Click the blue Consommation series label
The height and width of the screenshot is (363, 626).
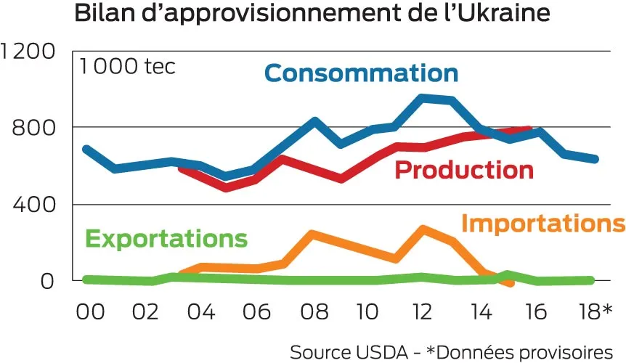[x=361, y=73]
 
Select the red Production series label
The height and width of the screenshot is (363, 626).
[x=464, y=171]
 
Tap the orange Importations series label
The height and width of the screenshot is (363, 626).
[x=543, y=224]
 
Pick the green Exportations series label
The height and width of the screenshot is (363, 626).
[x=166, y=239]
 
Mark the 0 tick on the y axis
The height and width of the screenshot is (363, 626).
[x=47, y=281]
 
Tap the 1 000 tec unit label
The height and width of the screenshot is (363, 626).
[x=128, y=67]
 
